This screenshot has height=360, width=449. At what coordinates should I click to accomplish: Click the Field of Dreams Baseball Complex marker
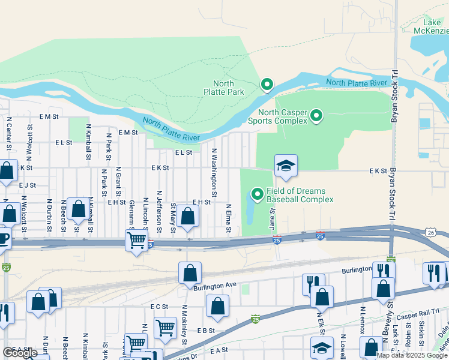pos(258,194)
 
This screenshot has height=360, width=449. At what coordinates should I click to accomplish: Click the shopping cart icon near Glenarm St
pos(137,241)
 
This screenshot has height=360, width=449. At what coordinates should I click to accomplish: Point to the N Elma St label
pos(229,220)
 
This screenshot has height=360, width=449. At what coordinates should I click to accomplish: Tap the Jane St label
pos(272,218)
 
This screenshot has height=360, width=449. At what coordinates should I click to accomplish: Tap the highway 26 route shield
pos(432,232)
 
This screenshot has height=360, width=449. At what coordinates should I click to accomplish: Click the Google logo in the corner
pos(20,352)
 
